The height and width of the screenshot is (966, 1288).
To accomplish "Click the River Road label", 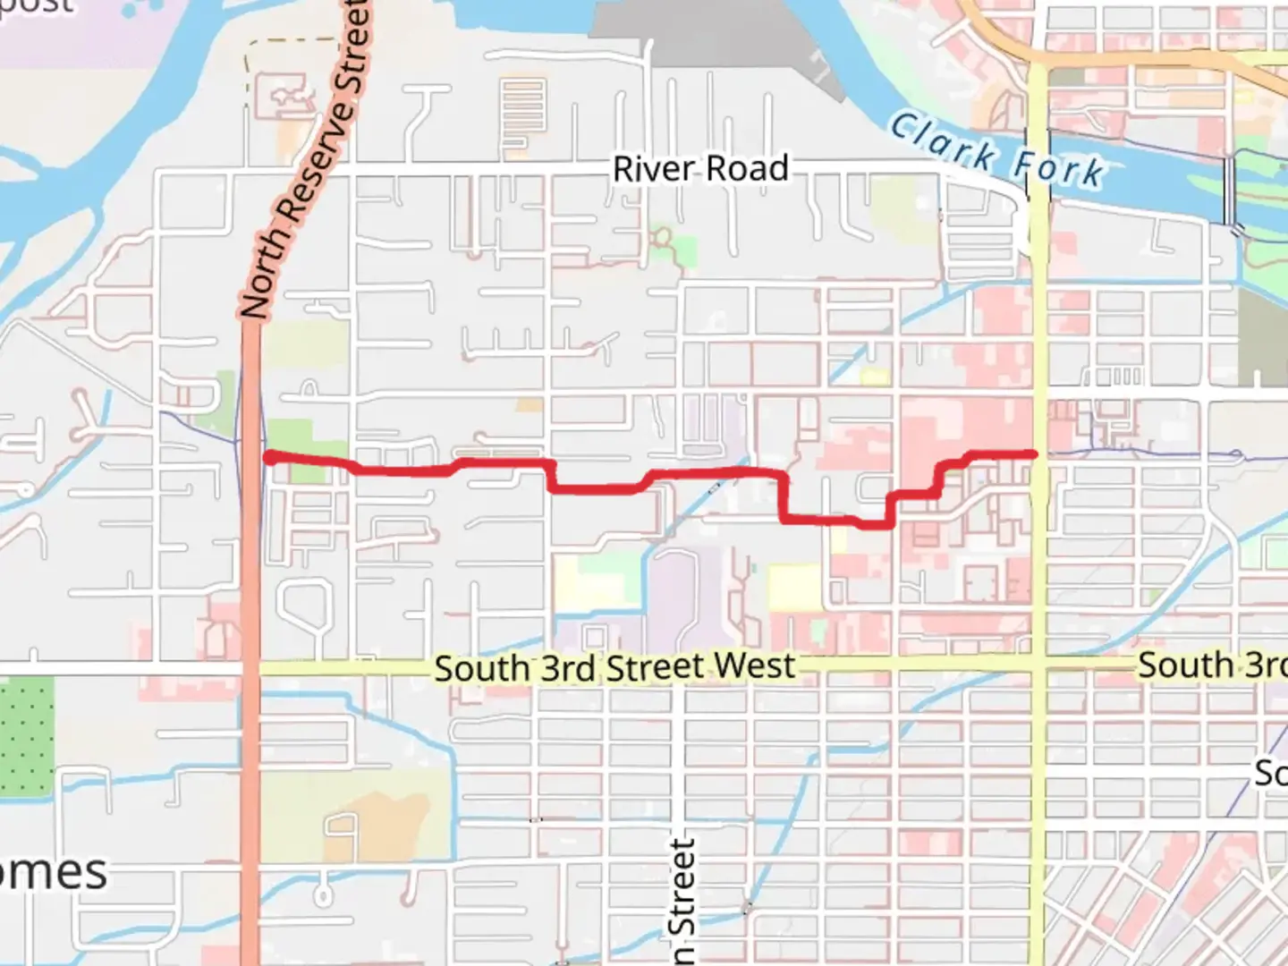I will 699,168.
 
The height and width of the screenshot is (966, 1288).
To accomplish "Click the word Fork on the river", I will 1059,168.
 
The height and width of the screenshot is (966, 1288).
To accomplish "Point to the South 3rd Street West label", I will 614,668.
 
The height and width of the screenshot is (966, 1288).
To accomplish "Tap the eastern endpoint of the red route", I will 1034,454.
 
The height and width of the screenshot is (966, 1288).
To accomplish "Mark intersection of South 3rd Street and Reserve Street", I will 250,668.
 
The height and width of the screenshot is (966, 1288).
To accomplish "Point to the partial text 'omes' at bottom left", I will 54,872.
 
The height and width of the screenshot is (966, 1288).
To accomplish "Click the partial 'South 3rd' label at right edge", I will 1212,665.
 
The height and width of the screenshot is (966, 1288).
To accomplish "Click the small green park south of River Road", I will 666,246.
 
